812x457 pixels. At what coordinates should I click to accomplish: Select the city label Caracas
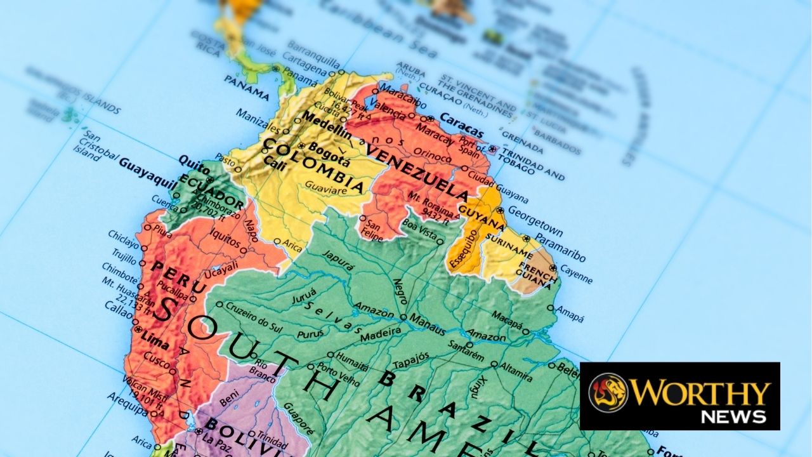coord(461,126)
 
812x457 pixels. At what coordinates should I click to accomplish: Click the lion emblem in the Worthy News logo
coord(608,392)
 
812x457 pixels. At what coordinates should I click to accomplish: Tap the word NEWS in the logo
coord(733,416)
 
